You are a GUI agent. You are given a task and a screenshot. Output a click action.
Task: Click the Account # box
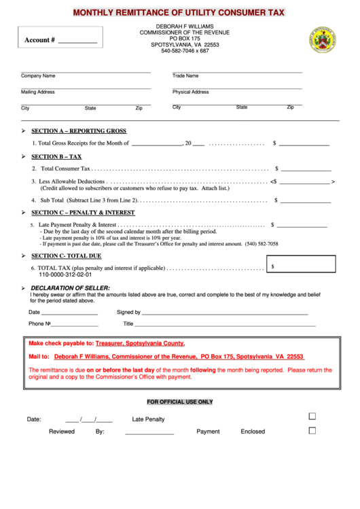[x=61, y=39]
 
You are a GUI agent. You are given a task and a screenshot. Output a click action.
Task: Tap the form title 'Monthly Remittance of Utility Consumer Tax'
[x=179, y=12]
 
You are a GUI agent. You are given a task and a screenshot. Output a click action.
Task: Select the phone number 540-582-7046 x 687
[x=185, y=51]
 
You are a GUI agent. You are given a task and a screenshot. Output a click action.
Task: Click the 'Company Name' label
[x=38, y=76]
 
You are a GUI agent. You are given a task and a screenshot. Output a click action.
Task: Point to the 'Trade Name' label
[x=185, y=76]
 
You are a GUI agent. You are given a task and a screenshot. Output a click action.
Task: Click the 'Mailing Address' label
[x=38, y=92]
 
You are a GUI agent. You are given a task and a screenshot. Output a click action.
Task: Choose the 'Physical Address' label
[x=191, y=92]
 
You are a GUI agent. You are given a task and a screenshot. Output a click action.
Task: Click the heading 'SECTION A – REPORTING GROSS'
[x=79, y=131]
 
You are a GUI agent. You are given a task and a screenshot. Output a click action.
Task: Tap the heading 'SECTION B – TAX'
[x=56, y=156]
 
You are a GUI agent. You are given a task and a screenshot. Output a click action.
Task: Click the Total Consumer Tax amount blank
[x=306, y=168]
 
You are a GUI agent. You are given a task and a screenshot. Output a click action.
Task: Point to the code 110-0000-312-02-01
[x=65, y=275]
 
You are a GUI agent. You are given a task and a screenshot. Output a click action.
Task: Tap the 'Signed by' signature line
[x=224, y=313]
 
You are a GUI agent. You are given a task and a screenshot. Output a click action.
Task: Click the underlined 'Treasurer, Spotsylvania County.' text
[x=140, y=343]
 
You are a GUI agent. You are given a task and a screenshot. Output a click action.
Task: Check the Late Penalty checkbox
[x=312, y=416]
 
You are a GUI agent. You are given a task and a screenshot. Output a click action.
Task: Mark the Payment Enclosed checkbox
[x=312, y=430]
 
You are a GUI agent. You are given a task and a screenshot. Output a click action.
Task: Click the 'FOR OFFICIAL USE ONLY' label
[x=180, y=402]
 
